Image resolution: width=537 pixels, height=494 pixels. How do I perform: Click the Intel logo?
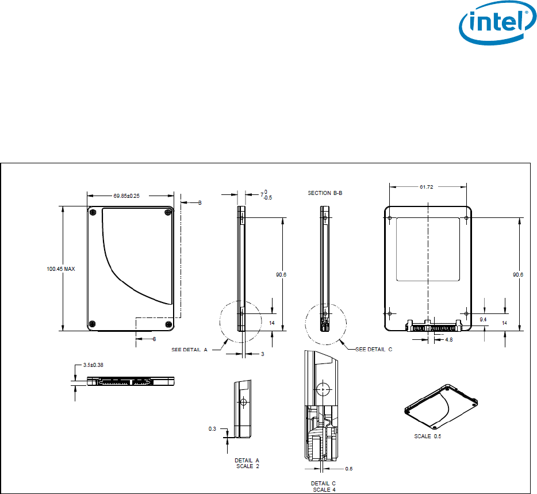497,22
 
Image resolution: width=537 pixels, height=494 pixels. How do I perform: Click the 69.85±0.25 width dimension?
126,196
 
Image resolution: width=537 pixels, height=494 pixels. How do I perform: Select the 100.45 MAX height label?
60,269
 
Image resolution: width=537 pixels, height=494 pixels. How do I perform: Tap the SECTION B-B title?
325,193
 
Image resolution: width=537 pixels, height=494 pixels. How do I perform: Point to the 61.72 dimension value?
427,187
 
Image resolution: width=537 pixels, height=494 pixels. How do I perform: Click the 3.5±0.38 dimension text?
93,365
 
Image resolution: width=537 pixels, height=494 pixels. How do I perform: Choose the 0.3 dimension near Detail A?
212,429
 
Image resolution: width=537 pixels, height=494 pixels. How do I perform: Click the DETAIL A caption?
247,461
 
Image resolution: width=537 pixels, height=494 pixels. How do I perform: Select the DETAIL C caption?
323,484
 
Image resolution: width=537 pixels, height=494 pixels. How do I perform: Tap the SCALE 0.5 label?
428,436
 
